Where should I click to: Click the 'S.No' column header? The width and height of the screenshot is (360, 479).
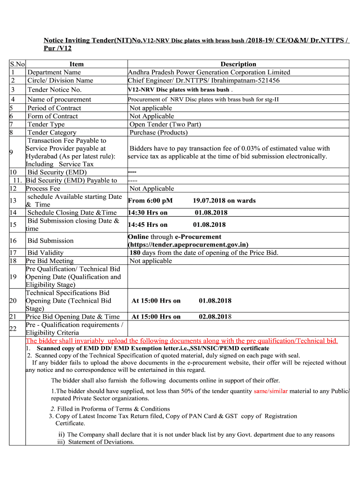[17, 64]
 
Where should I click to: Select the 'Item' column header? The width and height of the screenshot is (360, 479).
[76, 64]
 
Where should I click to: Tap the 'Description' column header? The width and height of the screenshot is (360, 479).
[238, 64]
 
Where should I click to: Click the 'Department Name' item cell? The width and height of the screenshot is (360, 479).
[54, 72]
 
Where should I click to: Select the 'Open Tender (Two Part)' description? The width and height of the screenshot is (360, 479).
[165, 124]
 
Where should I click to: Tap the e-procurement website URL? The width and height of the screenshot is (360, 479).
[188, 245]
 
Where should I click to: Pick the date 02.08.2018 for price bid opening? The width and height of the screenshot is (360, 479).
[215, 317]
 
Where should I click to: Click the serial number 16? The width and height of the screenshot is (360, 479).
[13, 241]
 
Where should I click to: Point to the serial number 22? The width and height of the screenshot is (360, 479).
[13, 329]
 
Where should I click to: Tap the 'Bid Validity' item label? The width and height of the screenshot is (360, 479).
[45, 253]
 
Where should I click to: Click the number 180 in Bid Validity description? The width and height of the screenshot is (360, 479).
[136, 253]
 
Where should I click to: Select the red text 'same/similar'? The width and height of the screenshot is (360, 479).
[271, 391]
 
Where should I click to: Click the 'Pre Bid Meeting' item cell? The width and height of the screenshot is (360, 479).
[50, 261]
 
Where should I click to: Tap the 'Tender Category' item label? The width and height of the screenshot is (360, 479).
[52, 132]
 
